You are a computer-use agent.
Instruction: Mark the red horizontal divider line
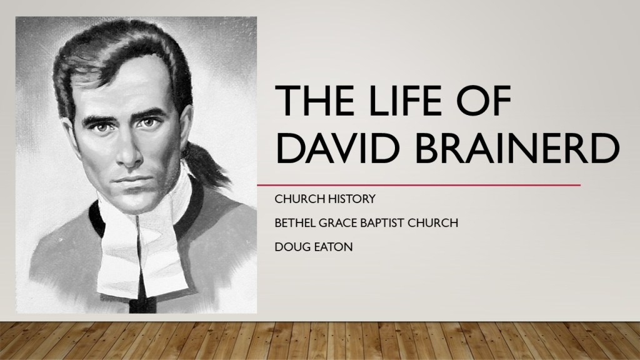419,185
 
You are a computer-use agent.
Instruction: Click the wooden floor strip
320,341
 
